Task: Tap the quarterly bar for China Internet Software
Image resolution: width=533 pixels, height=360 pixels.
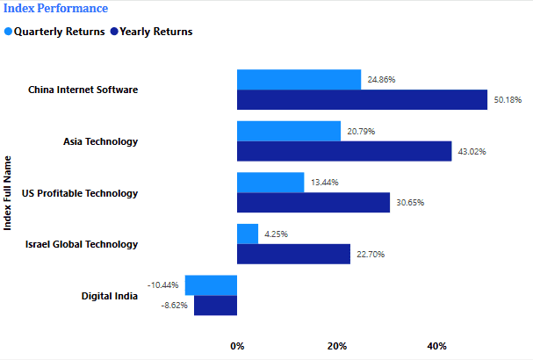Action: click(299, 79)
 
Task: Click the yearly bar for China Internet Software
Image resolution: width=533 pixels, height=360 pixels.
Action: click(362, 99)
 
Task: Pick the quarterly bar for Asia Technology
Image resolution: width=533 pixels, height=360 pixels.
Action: click(289, 131)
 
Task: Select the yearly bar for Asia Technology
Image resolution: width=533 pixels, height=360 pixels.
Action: click(344, 151)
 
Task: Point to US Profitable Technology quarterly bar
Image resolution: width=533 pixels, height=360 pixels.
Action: click(270, 182)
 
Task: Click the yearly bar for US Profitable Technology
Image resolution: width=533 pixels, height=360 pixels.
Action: click(313, 202)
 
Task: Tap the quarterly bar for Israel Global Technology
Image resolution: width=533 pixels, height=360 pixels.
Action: click(248, 234)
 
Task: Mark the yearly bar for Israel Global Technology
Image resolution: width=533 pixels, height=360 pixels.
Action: click(293, 254)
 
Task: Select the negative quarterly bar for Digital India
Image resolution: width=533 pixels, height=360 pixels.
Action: click(211, 285)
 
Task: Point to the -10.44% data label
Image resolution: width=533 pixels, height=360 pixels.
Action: click(163, 285)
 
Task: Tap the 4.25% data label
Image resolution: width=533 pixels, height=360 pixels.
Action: click(275, 234)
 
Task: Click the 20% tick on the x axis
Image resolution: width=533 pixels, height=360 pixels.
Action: click(337, 346)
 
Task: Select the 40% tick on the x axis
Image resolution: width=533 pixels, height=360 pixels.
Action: click(436, 346)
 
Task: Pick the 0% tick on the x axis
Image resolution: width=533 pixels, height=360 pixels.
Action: click(237, 346)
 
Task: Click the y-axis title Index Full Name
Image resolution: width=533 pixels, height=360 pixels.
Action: click(9, 192)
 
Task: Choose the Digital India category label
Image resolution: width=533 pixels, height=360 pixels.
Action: click(110, 296)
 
